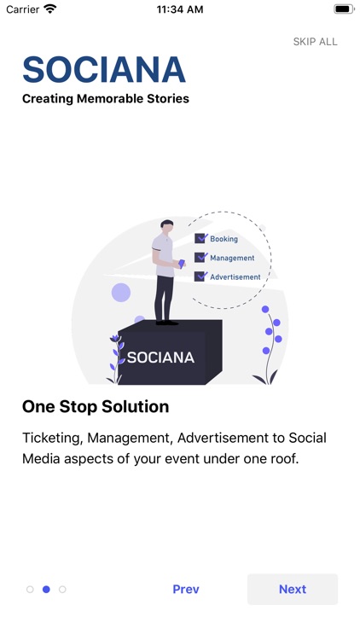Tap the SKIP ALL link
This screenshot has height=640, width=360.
pos(315,42)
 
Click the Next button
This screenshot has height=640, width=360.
pos(292,590)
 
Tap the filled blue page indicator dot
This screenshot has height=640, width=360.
pos(46,590)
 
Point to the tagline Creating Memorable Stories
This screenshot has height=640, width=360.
pos(106,99)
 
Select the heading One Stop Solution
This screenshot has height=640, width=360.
pos(96,406)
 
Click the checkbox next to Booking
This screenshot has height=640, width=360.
pos(200,239)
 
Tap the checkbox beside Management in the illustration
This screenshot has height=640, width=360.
pos(200,258)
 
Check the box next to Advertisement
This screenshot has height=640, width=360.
pos(200,276)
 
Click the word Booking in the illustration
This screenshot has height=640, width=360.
pos(224,239)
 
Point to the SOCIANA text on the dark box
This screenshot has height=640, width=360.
pos(160,358)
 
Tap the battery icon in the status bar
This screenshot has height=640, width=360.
pos(344,9)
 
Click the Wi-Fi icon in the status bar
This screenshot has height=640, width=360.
pos(50,9)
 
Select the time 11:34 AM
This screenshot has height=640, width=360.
pos(180,9)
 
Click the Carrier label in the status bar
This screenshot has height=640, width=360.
pos(23,9)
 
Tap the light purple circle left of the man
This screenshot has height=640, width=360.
pos(121,293)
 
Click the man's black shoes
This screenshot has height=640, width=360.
pos(166,323)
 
